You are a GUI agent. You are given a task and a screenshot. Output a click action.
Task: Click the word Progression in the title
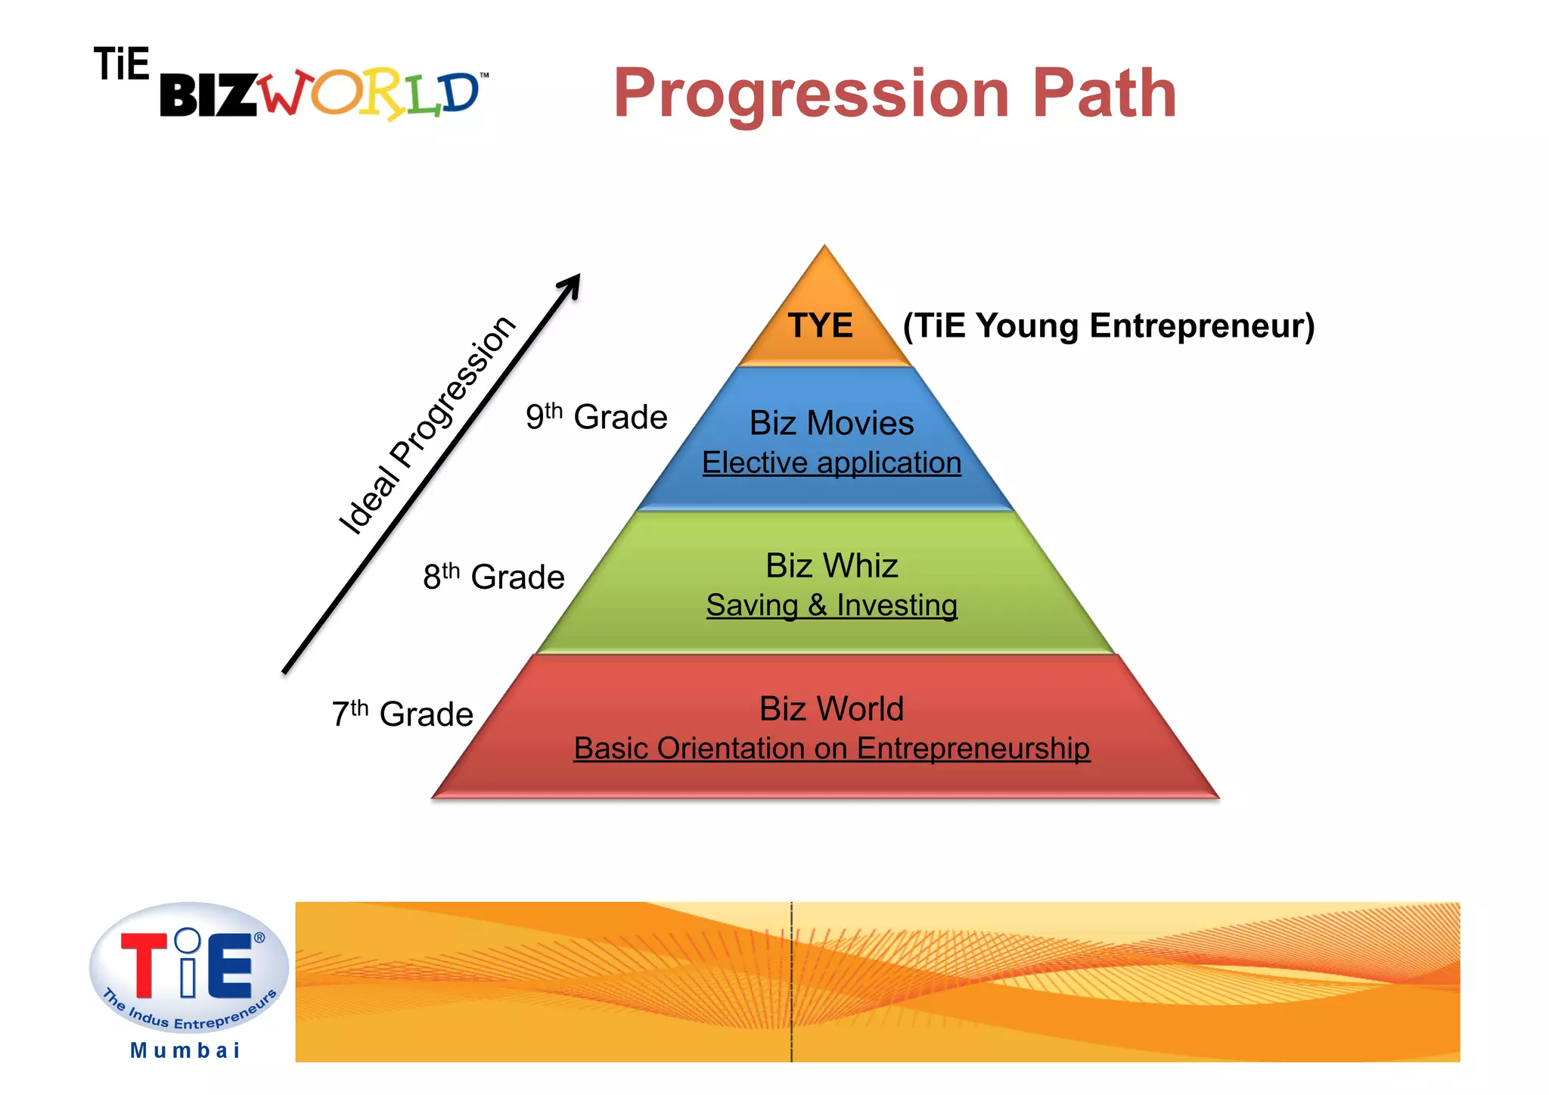(x=811, y=94)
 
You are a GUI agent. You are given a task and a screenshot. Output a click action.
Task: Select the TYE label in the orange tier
(x=821, y=326)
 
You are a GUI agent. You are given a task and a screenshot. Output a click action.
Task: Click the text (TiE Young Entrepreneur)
(x=1109, y=326)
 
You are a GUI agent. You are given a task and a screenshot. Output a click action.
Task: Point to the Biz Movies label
(x=831, y=423)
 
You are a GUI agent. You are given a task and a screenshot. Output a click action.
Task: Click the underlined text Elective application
(x=831, y=462)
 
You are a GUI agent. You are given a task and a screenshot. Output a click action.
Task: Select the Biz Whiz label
(x=831, y=566)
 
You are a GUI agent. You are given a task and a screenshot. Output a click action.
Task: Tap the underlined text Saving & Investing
(x=831, y=605)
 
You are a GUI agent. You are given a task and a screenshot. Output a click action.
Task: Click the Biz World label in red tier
(x=831, y=709)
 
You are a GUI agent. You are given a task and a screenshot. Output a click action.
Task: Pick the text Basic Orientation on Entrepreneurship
(x=831, y=748)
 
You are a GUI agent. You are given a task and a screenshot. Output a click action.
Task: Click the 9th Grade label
(x=597, y=417)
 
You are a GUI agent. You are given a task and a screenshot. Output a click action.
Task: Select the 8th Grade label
(x=494, y=577)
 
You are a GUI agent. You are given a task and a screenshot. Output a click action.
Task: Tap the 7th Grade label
(x=402, y=714)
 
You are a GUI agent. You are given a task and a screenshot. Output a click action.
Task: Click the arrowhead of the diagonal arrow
(x=572, y=284)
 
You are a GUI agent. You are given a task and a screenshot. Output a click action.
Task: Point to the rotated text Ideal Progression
(x=427, y=425)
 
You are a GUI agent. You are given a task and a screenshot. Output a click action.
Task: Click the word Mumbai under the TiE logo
(x=185, y=1050)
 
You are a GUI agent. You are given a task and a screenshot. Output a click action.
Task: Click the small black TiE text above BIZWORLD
(x=121, y=64)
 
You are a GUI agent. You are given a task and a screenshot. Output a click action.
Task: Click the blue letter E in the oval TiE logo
(x=230, y=966)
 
